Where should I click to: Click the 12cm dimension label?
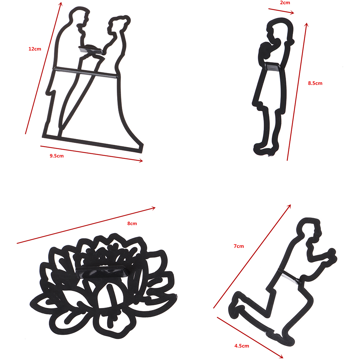click(x=34, y=49)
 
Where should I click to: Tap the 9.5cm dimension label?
click(x=57, y=156)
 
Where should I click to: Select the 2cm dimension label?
click(x=285, y=3)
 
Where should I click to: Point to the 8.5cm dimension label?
click(x=315, y=83)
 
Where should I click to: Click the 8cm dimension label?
click(x=132, y=223)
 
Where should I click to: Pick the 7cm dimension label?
click(x=239, y=246)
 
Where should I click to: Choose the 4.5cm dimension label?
click(x=241, y=346)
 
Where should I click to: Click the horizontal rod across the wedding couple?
click(x=86, y=72)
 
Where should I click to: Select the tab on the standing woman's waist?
click(x=273, y=67)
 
